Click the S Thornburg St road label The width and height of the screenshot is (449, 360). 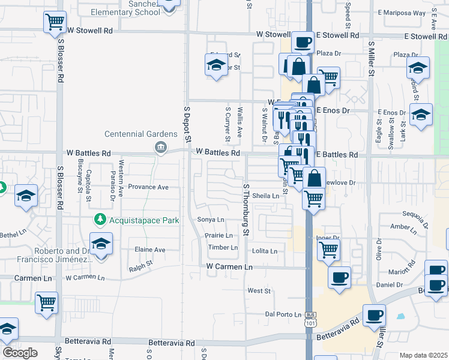tap(245, 209)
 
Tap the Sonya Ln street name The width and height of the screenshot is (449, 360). tap(211, 220)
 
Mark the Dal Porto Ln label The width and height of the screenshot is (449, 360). tap(283, 314)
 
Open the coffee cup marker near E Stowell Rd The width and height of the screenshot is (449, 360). tap(303, 42)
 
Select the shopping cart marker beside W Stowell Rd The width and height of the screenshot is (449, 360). tap(55, 22)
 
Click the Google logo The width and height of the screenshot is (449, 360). tap(20, 353)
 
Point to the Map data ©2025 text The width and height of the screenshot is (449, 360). tap(423, 355)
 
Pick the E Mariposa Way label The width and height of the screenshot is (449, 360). tap(402, 13)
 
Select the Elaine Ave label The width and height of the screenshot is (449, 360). tap(149, 250)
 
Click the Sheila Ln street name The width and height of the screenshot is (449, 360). tap(266, 196)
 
